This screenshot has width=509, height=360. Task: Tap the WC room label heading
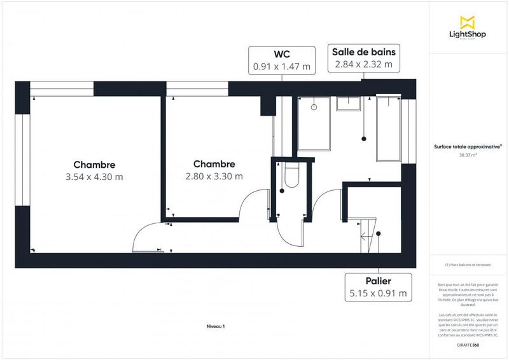coord(282,53)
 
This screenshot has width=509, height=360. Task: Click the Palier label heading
coord(378,280)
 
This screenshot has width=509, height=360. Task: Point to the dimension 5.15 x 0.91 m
coord(378,293)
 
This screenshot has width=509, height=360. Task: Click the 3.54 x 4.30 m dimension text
coord(94,177)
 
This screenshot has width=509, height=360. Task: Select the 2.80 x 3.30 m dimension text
coord(214,177)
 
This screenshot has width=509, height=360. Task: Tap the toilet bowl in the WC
coord(291,175)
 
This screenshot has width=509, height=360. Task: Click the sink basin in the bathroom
coord(349,104)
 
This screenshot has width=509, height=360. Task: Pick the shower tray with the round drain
coord(313,124)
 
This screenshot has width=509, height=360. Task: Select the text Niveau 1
coord(216,326)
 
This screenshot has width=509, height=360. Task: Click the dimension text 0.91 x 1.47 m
coord(282,66)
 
